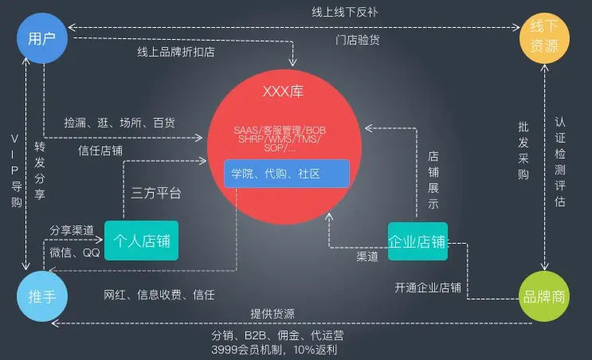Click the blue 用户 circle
pos(40,38)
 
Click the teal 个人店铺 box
pos(142,241)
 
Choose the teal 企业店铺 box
pos(418,241)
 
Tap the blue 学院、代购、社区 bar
pos(286,174)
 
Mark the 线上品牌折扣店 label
pos(175,53)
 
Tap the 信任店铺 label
pos(100,149)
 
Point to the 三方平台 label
pos(156,193)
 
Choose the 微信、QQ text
pos(75,252)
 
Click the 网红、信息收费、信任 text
pos(159,295)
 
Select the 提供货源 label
pos(272,312)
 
